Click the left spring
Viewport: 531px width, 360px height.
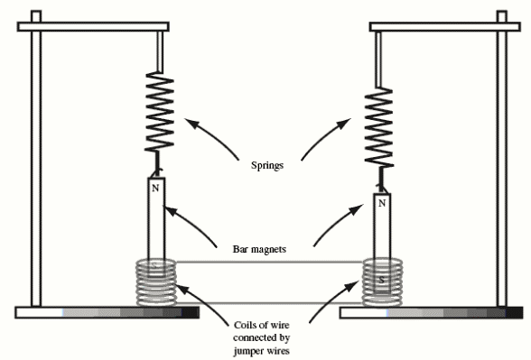pyautogui.click(x=160, y=112)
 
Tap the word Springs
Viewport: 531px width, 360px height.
pyautogui.click(x=269, y=167)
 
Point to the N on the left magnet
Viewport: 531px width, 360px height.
pyautogui.click(x=155, y=188)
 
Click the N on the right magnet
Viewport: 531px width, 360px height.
pyautogui.click(x=382, y=204)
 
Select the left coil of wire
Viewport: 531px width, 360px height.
pyautogui.click(x=156, y=282)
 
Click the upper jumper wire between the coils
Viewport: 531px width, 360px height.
pyautogui.click(x=269, y=264)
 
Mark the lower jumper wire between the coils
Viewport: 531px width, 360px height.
pyautogui.click(x=269, y=302)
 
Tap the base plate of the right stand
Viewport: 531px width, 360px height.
pyautogui.click(x=432, y=313)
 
